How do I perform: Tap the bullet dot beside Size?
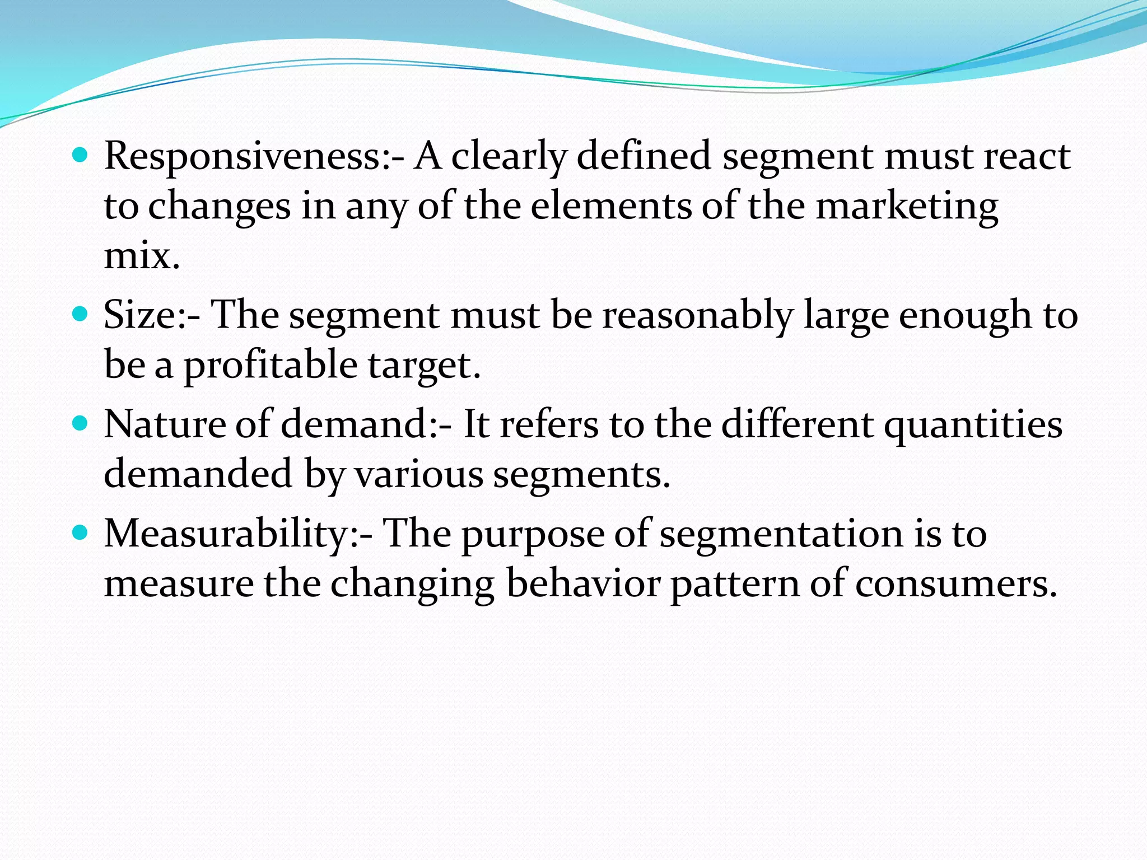point(81,313)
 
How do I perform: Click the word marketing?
point(907,207)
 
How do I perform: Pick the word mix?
point(142,256)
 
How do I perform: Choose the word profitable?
point(271,366)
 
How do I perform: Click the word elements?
point(610,206)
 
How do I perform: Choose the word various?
point(419,475)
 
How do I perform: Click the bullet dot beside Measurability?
point(81,532)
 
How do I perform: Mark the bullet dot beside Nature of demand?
point(81,423)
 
